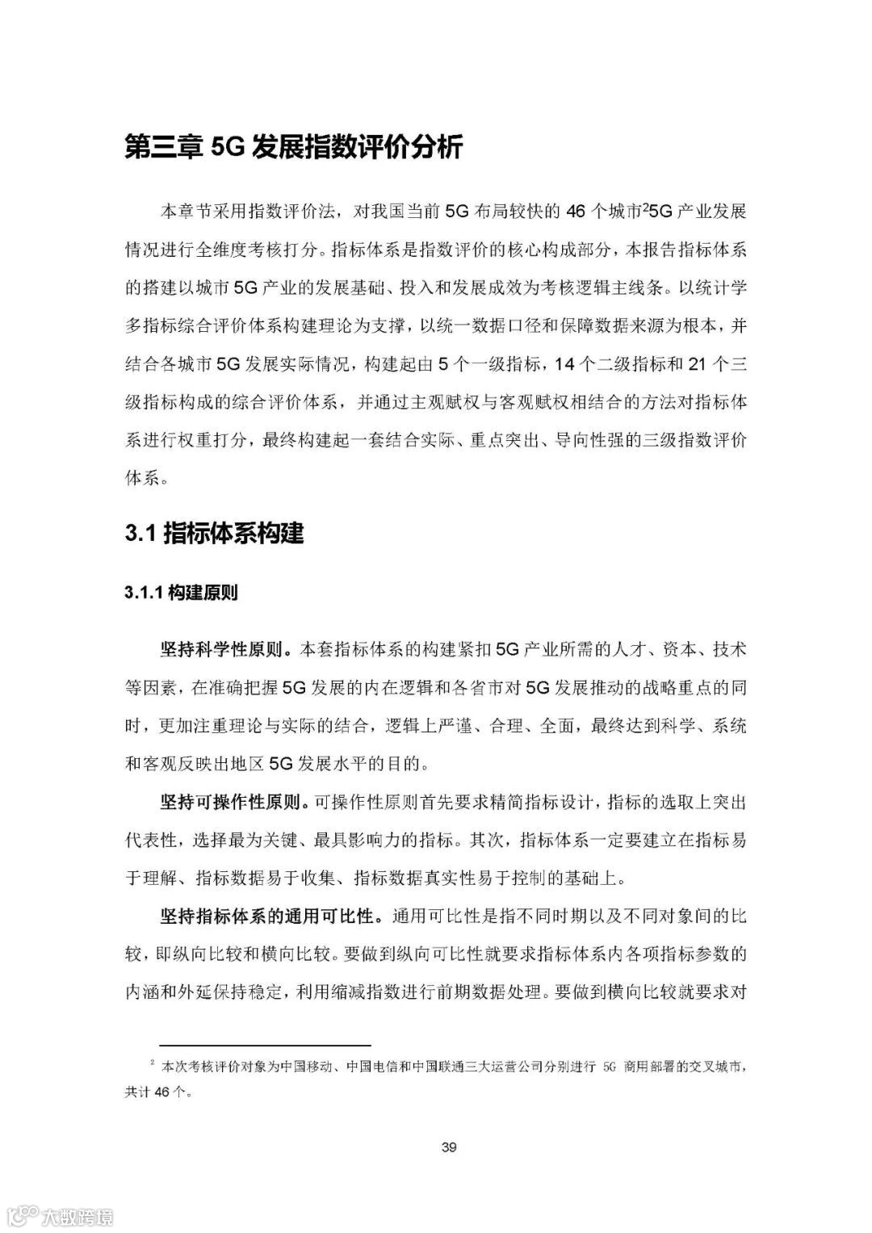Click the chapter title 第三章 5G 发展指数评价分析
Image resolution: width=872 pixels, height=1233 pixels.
[x=294, y=149]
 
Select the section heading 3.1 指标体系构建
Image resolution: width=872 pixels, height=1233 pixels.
[x=214, y=534]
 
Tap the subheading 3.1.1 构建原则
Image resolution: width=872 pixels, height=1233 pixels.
[x=181, y=593]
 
